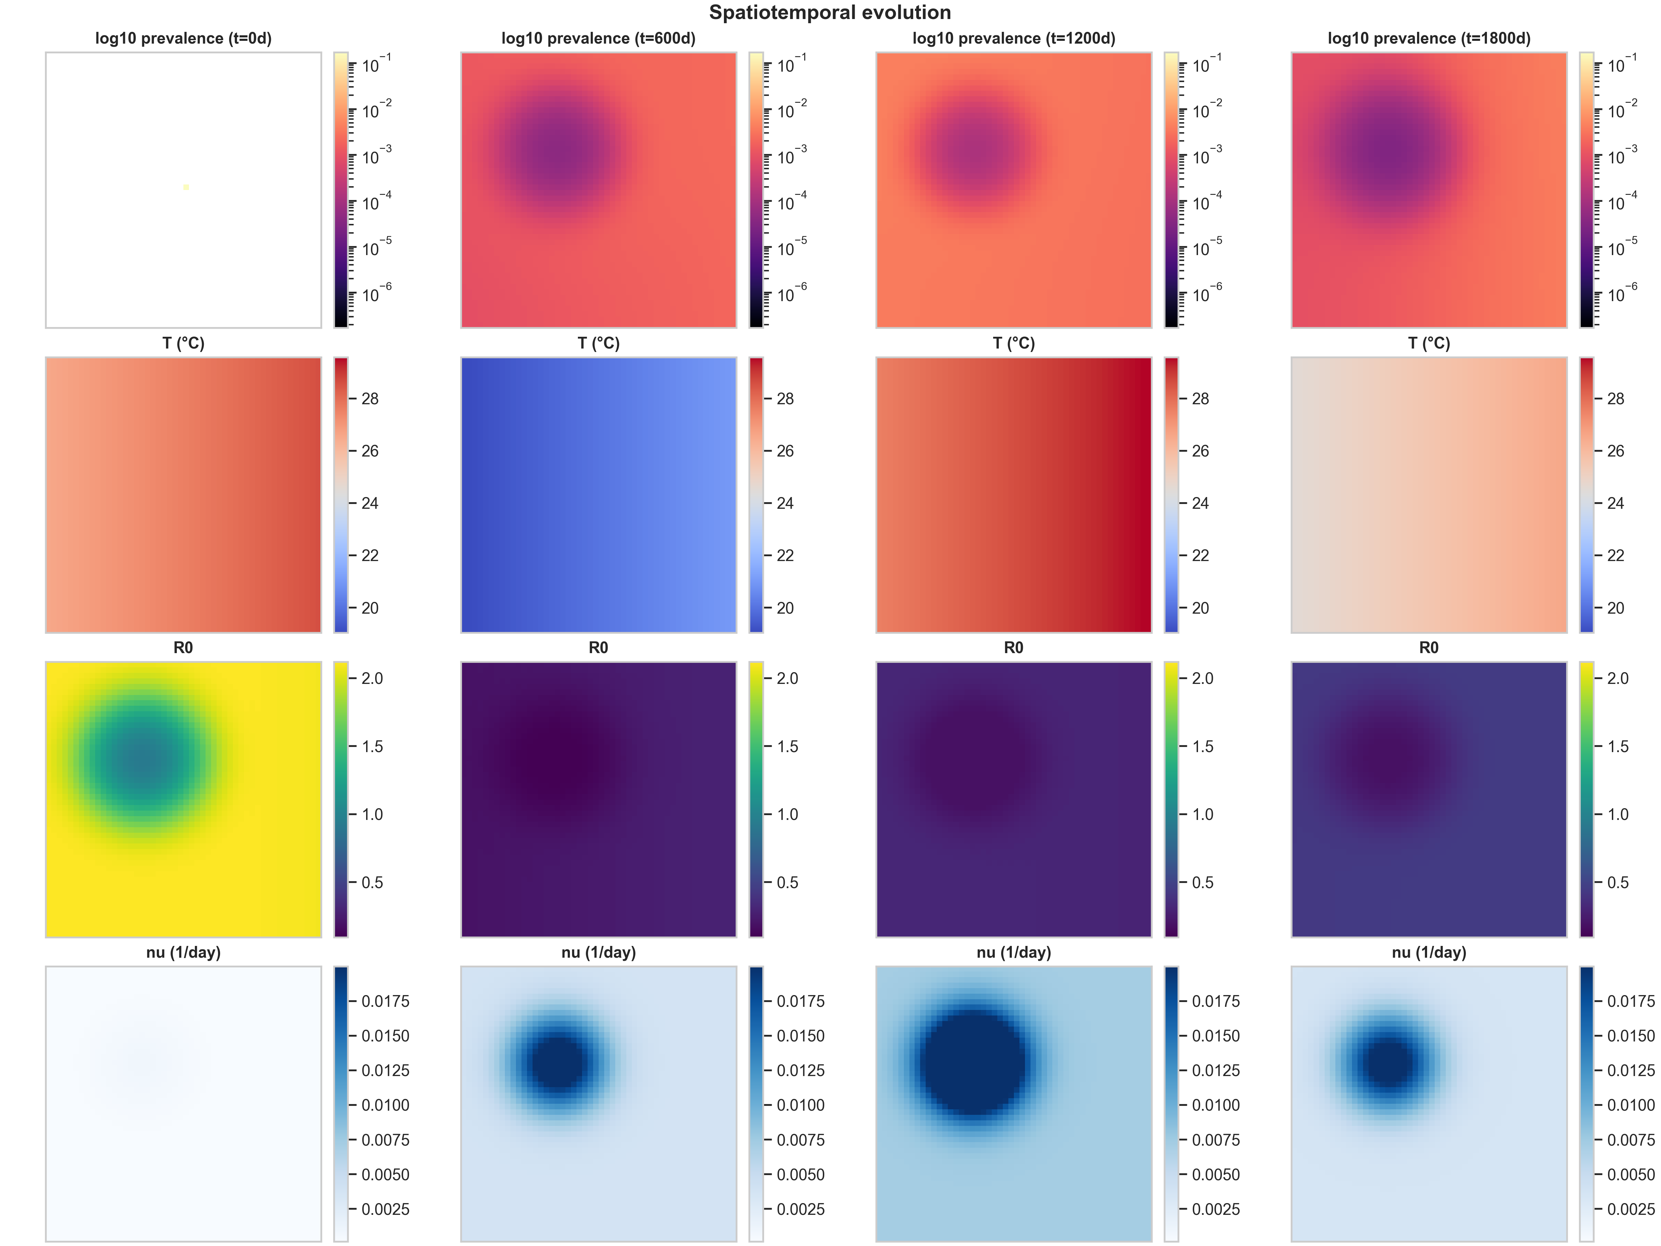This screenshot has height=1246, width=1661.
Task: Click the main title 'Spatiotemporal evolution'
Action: (830, 13)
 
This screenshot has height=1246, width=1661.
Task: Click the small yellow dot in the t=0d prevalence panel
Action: (185, 187)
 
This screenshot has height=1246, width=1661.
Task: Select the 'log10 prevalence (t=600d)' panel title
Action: (598, 38)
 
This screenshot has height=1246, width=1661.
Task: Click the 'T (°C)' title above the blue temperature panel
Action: (598, 343)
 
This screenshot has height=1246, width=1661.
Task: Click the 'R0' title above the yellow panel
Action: (183, 648)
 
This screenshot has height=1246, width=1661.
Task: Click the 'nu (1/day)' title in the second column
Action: (598, 952)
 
